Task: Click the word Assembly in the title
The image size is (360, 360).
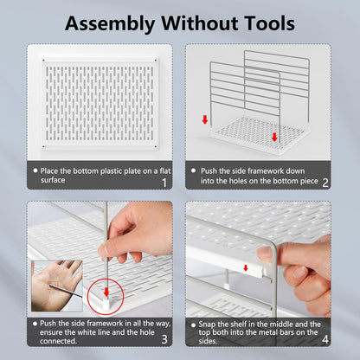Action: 110,23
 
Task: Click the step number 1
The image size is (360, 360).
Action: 164,183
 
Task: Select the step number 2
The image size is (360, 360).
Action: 325,183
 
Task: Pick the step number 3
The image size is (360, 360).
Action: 164,339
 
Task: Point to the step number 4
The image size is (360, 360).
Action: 325,339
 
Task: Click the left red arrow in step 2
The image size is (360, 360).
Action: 205,119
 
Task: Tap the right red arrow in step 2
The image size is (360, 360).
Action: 274,137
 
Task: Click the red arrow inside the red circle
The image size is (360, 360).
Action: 106,292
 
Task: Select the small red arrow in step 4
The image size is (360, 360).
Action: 246,268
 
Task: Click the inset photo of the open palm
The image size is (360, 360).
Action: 57,286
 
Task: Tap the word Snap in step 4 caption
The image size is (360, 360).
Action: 207,325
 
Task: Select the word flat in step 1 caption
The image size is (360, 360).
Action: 165,171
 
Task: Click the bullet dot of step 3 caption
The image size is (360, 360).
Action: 35,324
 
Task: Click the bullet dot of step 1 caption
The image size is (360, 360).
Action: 35,170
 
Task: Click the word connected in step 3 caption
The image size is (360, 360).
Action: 58,341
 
